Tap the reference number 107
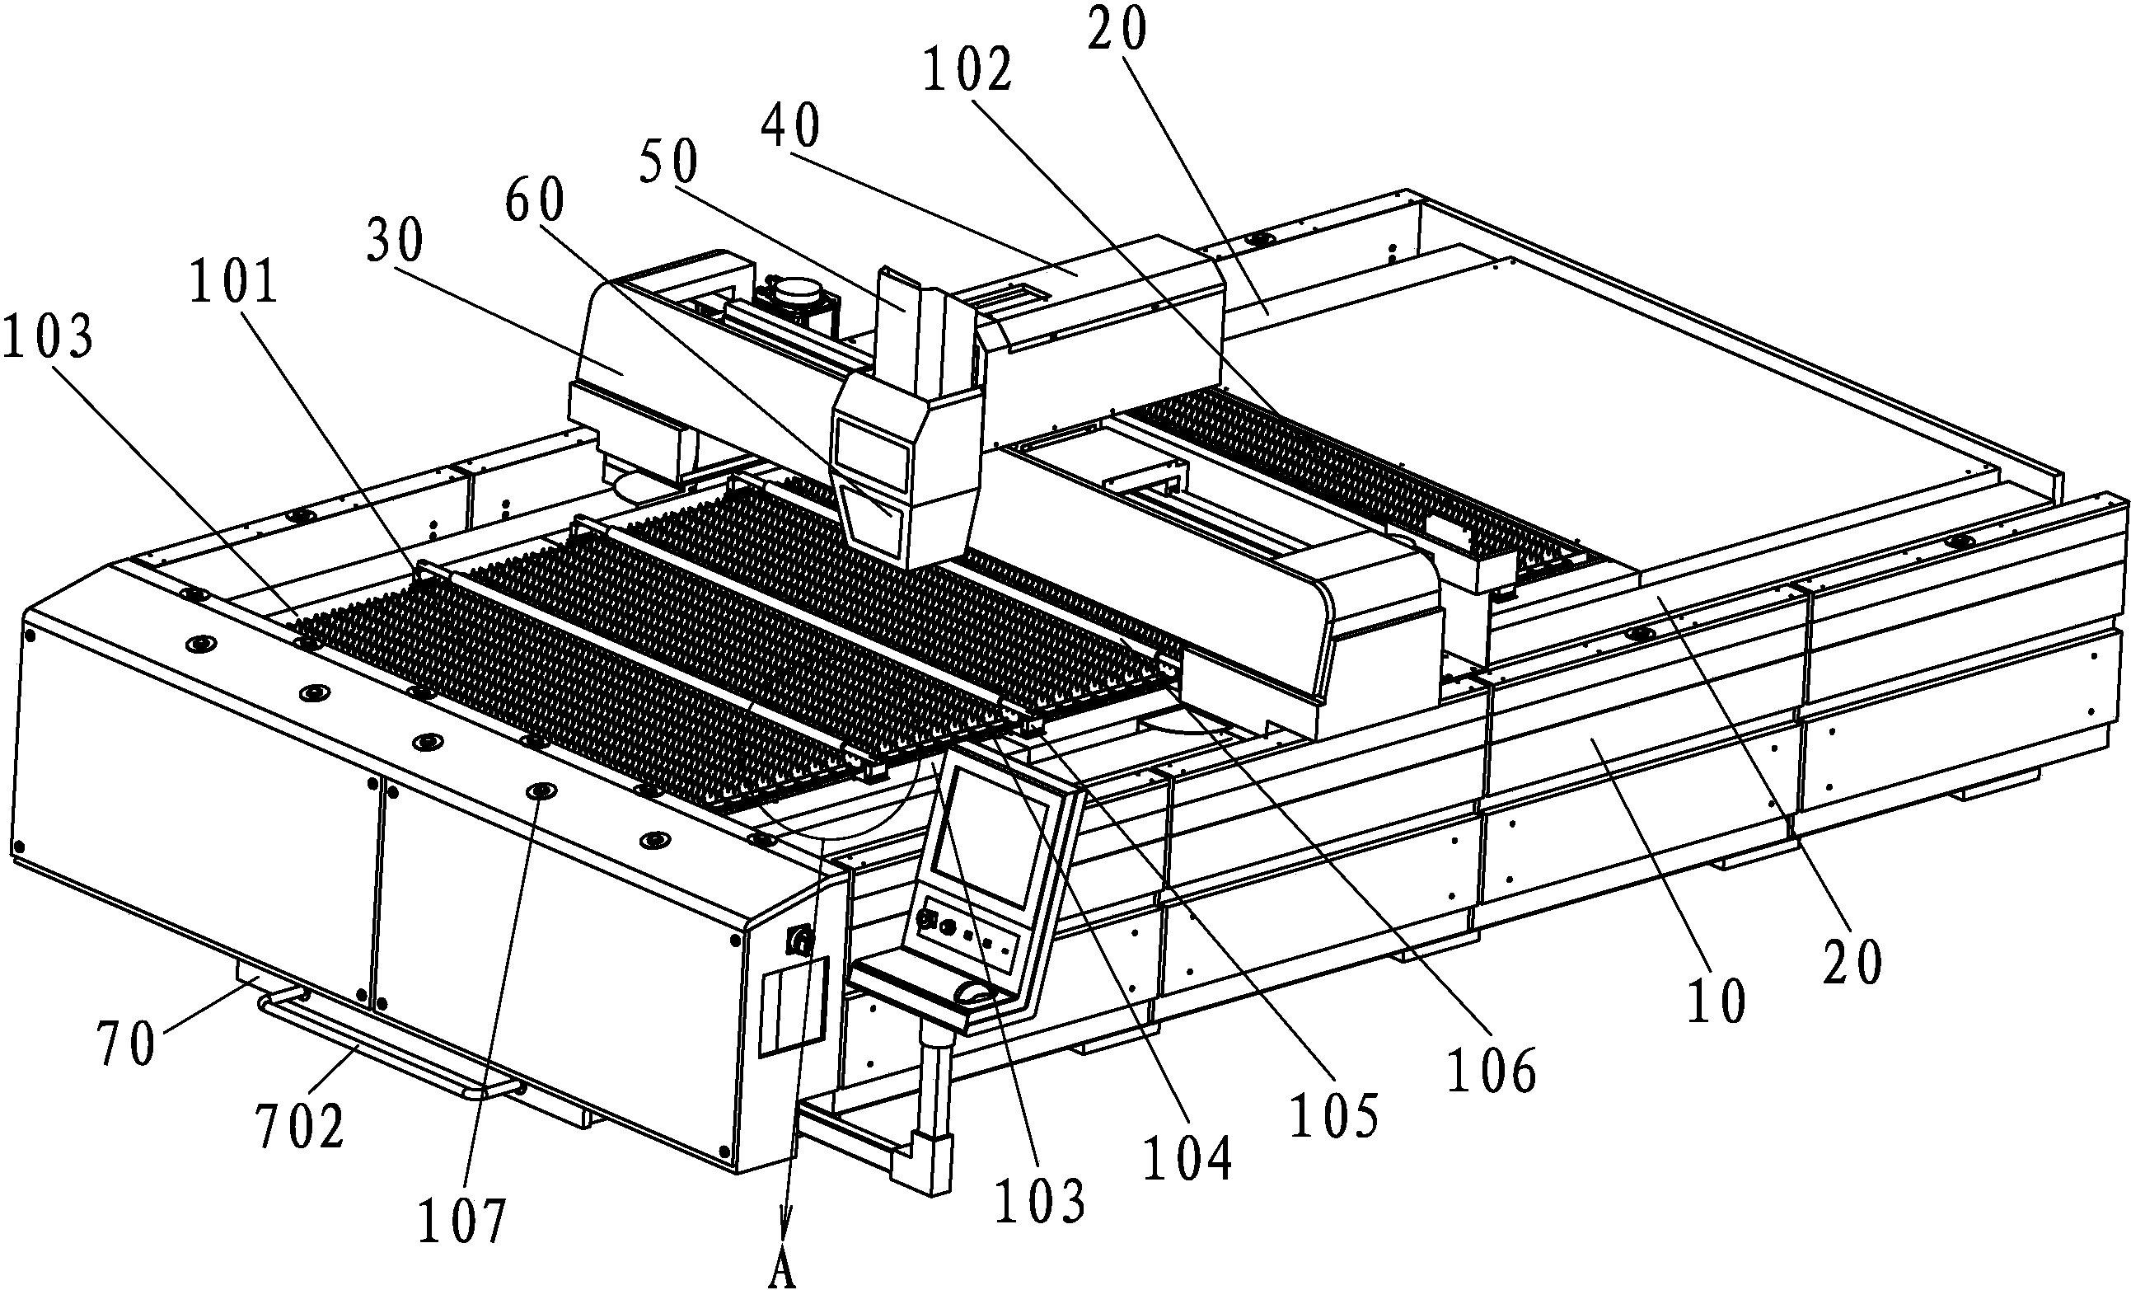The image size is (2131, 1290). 461,1220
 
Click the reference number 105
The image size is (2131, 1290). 1333,1115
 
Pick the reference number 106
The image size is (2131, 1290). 1492,1071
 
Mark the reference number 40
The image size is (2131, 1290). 790,124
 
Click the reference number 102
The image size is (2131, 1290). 967,70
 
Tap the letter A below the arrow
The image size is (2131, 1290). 782,1273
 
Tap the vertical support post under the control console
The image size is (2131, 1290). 931,1081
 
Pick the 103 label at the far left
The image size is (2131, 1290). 48,336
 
